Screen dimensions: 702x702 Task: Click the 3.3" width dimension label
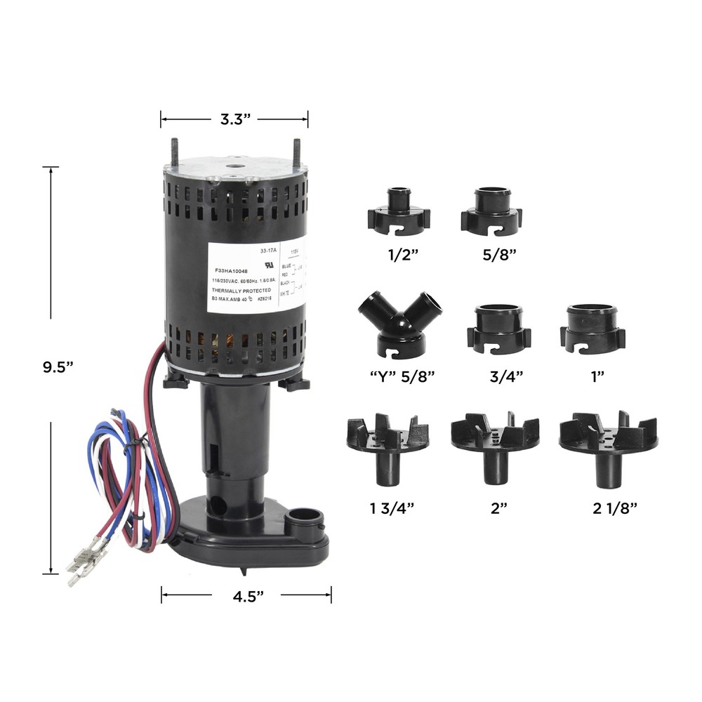(235, 119)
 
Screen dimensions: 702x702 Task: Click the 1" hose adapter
(593, 329)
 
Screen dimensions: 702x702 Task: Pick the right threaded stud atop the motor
(296, 153)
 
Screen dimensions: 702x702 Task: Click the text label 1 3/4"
(386, 508)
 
